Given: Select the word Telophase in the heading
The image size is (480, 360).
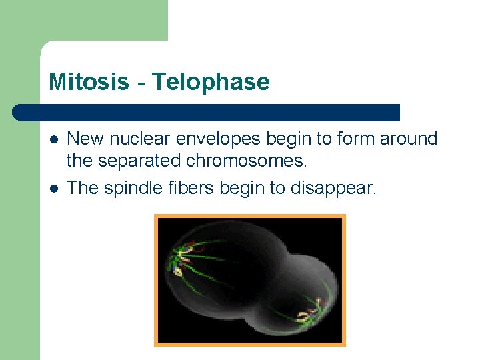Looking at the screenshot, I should point(211,82).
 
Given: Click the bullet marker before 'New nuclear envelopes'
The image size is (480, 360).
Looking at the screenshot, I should point(54,139).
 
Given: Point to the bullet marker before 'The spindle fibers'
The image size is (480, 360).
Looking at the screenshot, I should point(54,189).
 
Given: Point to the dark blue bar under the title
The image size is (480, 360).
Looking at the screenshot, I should point(207,112).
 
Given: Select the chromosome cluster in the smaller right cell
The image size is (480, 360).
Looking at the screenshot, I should point(311,311).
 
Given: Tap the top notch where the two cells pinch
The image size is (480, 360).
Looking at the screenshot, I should point(284,257).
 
